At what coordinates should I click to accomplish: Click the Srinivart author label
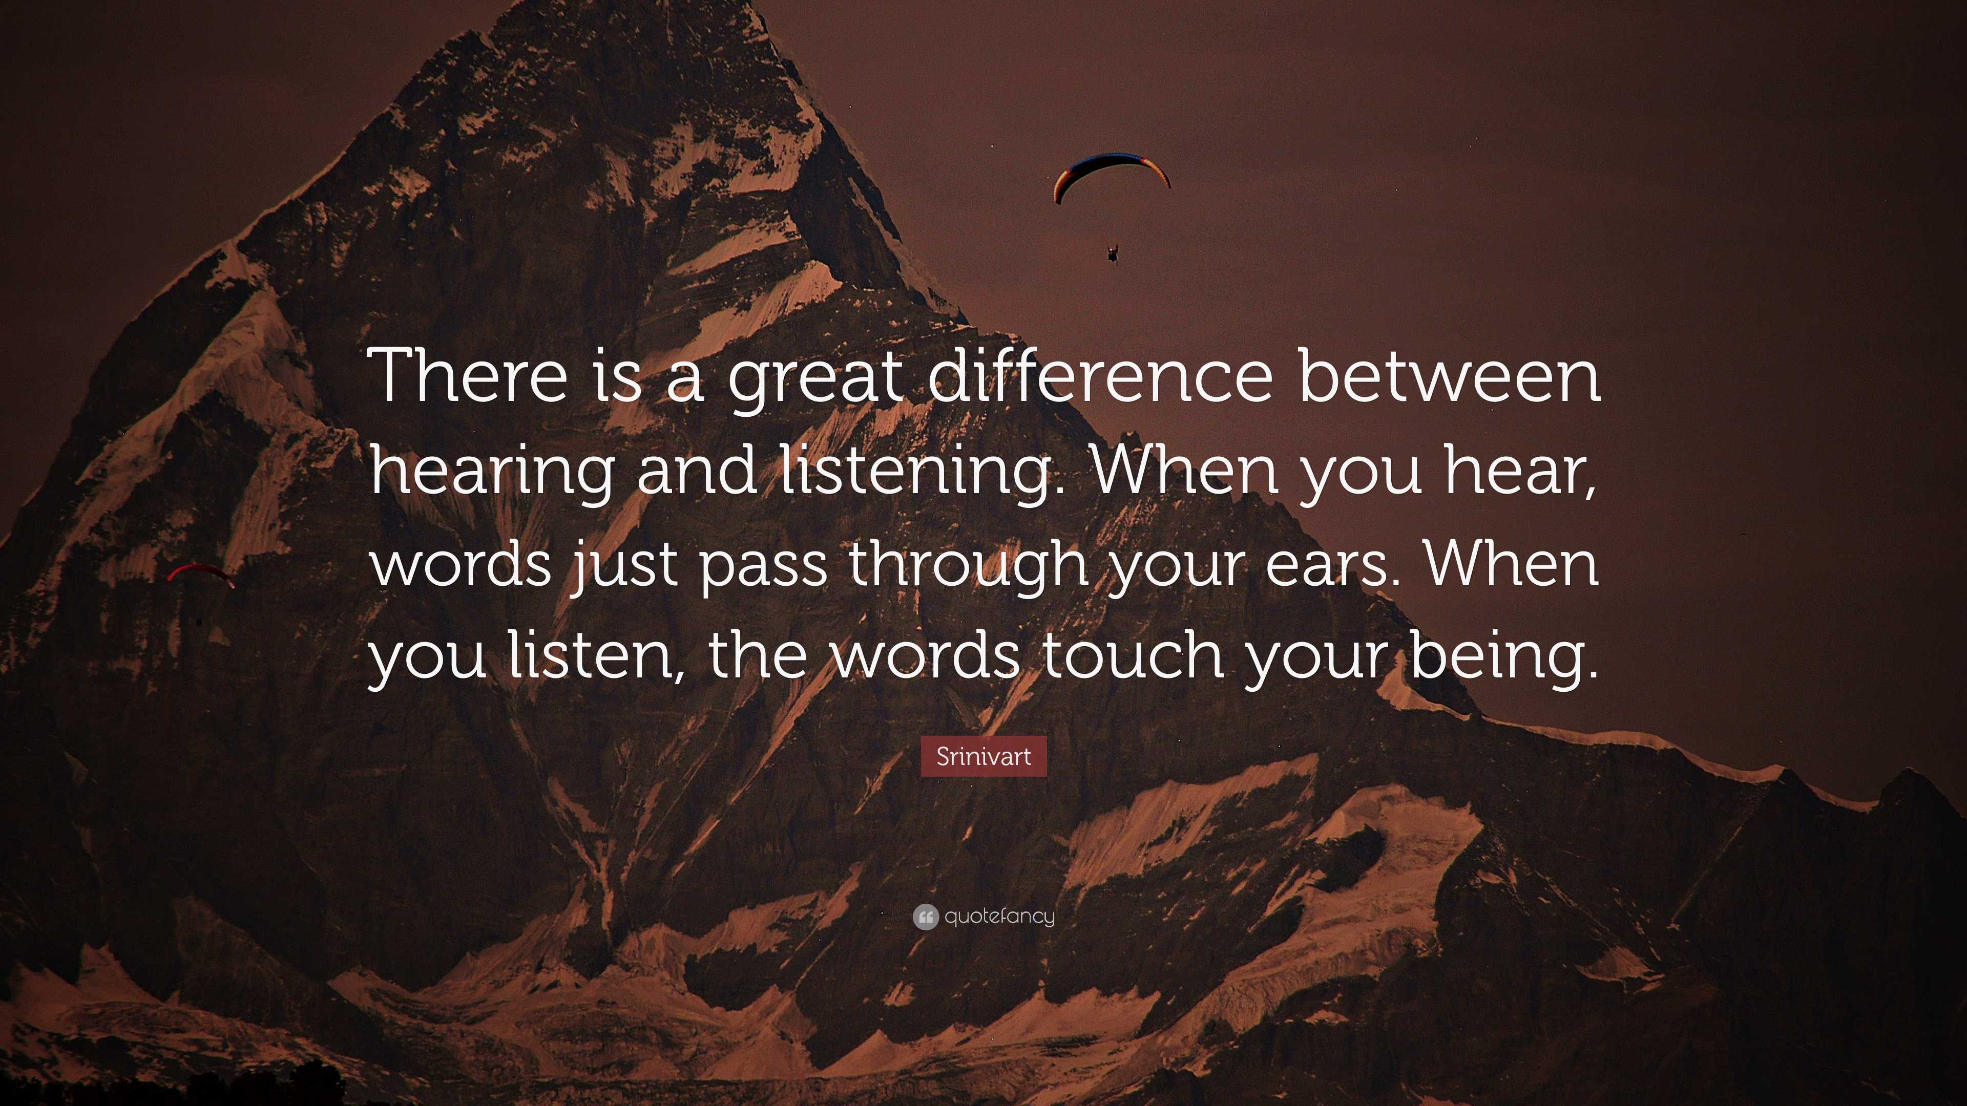pyautogui.click(x=983, y=756)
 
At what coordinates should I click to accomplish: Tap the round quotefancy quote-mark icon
pyautogui.click(x=925, y=917)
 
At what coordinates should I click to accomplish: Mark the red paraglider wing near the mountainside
pyautogui.click(x=200, y=572)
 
